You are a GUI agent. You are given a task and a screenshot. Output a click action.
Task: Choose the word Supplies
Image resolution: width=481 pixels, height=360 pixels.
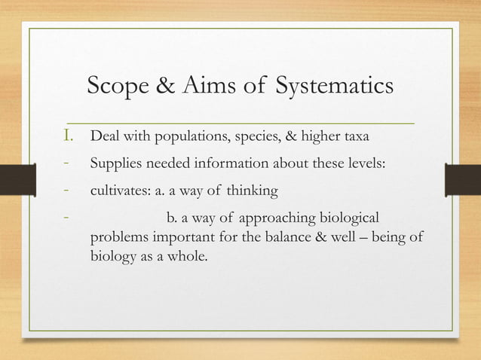[x=115, y=165]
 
